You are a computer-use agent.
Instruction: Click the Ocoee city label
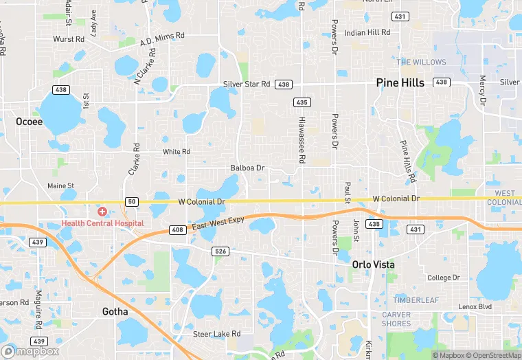(29, 122)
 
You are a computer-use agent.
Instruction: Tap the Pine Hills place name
(402, 82)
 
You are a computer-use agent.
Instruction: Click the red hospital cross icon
(102, 212)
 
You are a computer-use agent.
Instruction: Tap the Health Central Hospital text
(102, 223)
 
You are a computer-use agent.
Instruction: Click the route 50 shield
(130, 201)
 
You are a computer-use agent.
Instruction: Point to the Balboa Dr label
(247, 168)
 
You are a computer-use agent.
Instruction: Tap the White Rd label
(176, 152)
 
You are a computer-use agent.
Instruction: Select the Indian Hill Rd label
(367, 32)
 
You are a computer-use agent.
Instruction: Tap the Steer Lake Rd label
(216, 334)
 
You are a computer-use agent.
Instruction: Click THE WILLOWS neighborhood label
(421, 62)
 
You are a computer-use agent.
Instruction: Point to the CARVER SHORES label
(396, 319)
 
